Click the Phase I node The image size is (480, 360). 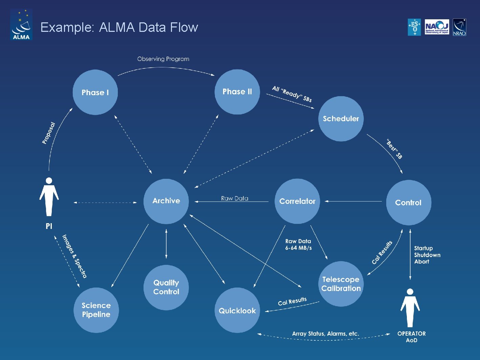point(95,92)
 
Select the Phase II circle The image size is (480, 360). point(237,92)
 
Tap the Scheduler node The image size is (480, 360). point(341,119)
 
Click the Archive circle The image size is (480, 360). point(166,201)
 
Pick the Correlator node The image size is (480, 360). point(297,201)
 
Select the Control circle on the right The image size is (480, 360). point(409,203)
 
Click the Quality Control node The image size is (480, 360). point(166,287)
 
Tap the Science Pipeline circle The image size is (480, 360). point(96,310)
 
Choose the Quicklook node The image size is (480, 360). point(237,311)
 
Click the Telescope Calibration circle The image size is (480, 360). point(341,284)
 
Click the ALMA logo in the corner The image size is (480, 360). point(21,25)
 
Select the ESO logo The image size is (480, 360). point(414,27)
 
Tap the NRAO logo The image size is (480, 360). point(459,27)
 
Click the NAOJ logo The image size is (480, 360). point(437,27)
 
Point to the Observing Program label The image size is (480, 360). point(163,59)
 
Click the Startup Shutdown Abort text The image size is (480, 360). point(427,255)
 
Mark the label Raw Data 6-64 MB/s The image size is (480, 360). point(298,245)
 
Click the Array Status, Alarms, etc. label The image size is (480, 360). point(325,334)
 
